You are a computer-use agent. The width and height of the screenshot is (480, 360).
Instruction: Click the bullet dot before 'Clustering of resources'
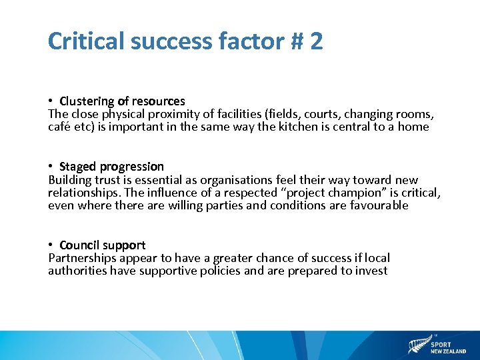pyautogui.click(x=51, y=101)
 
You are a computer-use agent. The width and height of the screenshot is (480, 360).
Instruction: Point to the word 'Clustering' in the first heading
pyautogui.click(x=87, y=101)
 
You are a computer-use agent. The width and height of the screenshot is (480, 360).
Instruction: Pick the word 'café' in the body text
pyautogui.click(x=59, y=127)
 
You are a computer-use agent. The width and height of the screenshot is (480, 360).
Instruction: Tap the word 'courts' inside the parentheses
pyautogui.click(x=321, y=114)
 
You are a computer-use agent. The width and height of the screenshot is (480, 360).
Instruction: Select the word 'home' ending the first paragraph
pyautogui.click(x=413, y=127)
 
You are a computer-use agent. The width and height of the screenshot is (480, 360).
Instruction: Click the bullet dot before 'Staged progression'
pyautogui.click(x=51, y=167)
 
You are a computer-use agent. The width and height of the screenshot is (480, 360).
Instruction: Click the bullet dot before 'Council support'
pyautogui.click(x=51, y=245)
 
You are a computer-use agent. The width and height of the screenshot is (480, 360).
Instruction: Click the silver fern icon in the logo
pyautogui.click(x=418, y=346)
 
